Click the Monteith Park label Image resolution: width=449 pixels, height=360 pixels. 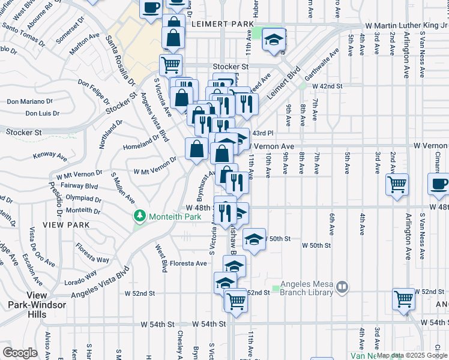point(174,215)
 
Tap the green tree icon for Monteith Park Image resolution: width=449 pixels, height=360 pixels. point(140,215)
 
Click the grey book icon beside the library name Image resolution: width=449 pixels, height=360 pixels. point(342,288)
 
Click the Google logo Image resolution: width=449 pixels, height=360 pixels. point(20,352)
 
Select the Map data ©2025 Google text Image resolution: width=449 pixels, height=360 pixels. point(411,355)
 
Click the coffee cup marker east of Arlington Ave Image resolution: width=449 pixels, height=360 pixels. point(438,183)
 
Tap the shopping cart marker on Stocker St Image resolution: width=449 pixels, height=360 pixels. point(171,64)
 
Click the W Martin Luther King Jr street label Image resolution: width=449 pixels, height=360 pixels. point(407,26)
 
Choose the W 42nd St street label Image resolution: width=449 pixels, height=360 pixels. point(327,86)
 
